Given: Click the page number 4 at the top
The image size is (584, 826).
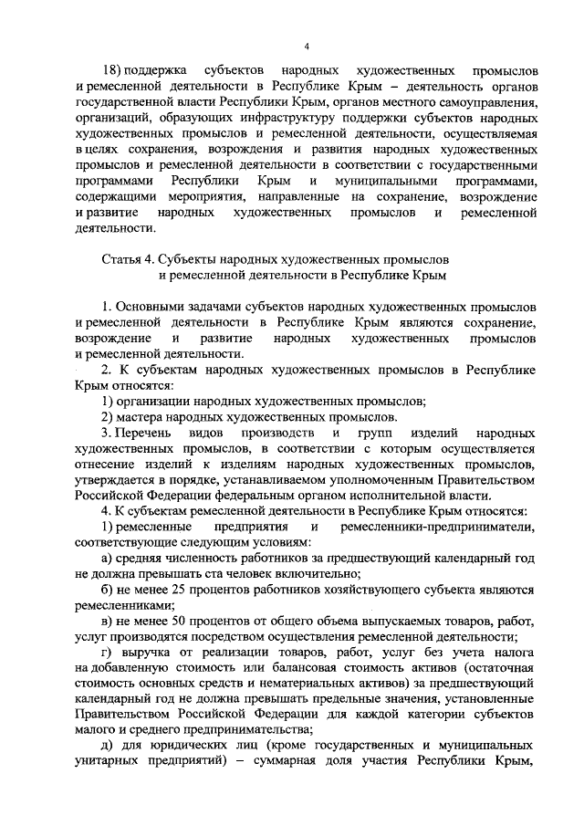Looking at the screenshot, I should [307, 47].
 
